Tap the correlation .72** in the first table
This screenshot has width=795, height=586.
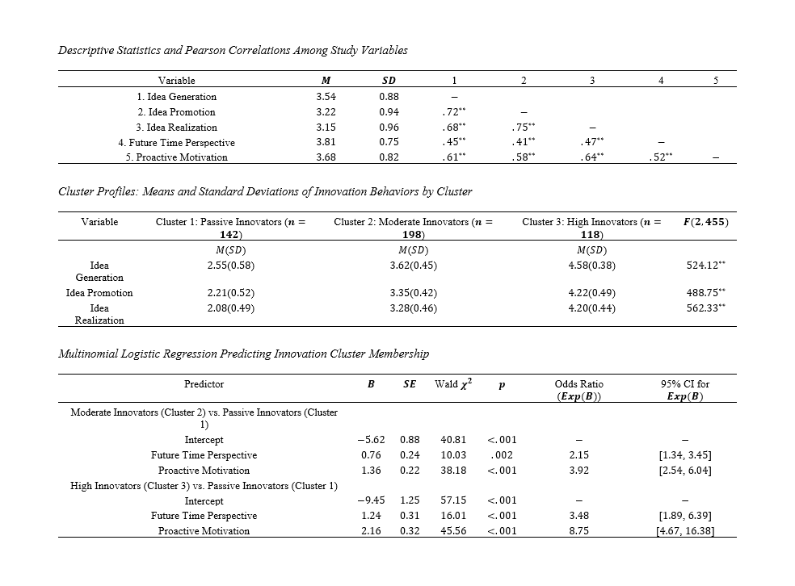pyautogui.click(x=456, y=112)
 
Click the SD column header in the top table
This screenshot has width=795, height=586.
pyautogui.click(x=388, y=81)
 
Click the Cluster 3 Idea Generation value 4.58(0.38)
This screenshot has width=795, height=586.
pyautogui.click(x=594, y=265)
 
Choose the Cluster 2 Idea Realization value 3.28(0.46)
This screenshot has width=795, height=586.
pyautogui.click(x=413, y=308)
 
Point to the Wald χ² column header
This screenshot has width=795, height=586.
pyautogui.click(x=452, y=384)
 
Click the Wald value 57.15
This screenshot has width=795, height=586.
pyautogui.click(x=452, y=500)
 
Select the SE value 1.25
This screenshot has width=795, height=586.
pyautogui.click(x=410, y=500)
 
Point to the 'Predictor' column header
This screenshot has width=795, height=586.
pyautogui.click(x=204, y=384)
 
